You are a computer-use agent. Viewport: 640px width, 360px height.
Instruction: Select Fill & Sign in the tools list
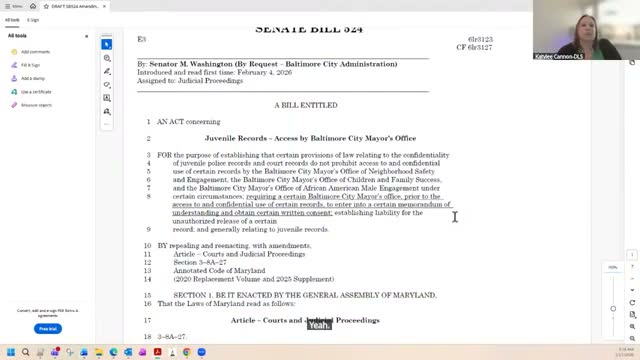(31, 64)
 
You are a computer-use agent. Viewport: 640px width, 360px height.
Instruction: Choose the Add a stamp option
(33, 78)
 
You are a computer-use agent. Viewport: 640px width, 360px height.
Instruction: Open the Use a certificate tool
(36, 91)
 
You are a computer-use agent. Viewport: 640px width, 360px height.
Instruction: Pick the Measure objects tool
(36, 104)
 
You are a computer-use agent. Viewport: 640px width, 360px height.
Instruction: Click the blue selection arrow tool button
(106, 44)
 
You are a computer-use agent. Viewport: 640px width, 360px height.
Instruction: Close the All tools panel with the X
(87, 36)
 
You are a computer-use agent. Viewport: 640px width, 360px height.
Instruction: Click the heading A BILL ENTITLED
(305, 104)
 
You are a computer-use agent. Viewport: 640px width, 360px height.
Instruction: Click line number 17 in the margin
(147, 320)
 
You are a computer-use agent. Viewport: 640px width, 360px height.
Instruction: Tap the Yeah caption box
(319, 325)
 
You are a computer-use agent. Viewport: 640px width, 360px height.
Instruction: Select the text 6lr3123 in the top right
(479, 39)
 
